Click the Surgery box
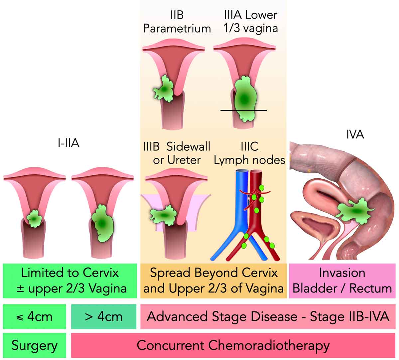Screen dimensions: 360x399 34,345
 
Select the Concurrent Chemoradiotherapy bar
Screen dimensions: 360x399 233,345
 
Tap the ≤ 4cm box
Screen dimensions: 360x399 34,316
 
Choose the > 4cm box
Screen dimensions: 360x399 104,316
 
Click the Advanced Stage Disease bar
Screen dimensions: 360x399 268,316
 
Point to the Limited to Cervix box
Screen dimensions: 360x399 70,280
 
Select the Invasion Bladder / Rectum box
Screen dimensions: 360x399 342,280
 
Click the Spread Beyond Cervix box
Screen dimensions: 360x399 213,280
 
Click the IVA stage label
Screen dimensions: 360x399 355,134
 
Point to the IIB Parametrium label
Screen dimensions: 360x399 177,22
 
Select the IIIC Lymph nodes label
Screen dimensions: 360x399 249,153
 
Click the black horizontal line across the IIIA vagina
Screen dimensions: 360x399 226,110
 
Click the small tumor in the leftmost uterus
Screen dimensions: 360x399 34,218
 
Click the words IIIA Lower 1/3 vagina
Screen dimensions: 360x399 250,22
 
